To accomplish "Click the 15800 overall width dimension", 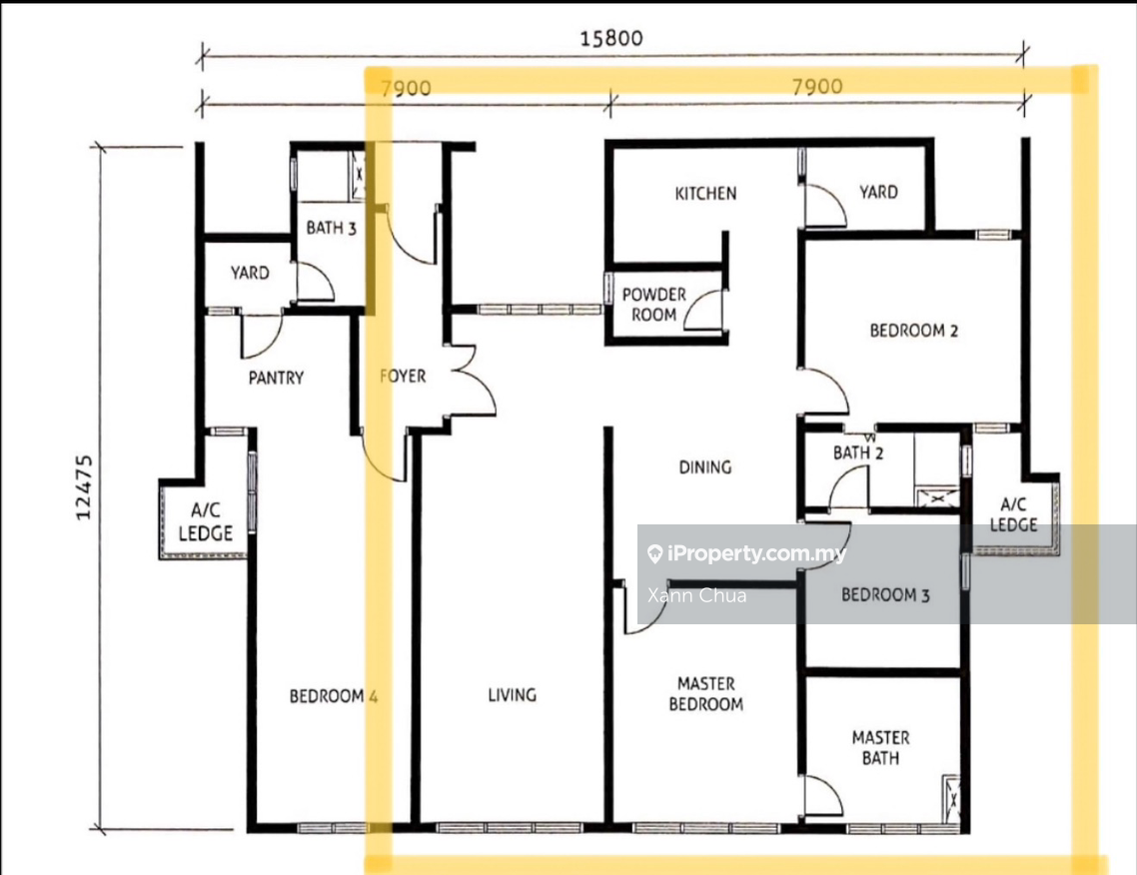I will pyautogui.click(x=611, y=39).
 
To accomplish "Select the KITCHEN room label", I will pyautogui.click(x=705, y=193).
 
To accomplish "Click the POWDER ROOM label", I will pyautogui.click(x=653, y=305).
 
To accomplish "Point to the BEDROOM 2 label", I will pyautogui.click(x=913, y=331).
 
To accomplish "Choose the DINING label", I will pyautogui.click(x=705, y=466).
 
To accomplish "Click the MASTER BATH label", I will pyautogui.click(x=880, y=747).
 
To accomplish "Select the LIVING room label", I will pyautogui.click(x=512, y=694).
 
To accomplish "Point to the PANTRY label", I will pyautogui.click(x=276, y=378).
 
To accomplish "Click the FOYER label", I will pyautogui.click(x=403, y=377).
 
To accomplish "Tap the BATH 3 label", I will pyautogui.click(x=331, y=228).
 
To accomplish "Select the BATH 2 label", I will pyautogui.click(x=858, y=453).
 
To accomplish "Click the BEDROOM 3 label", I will pyautogui.click(x=885, y=595).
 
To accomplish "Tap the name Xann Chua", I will pyautogui.click(x=696, y=595).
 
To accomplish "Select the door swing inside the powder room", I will pyautogui.click(x=705, y=305).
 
